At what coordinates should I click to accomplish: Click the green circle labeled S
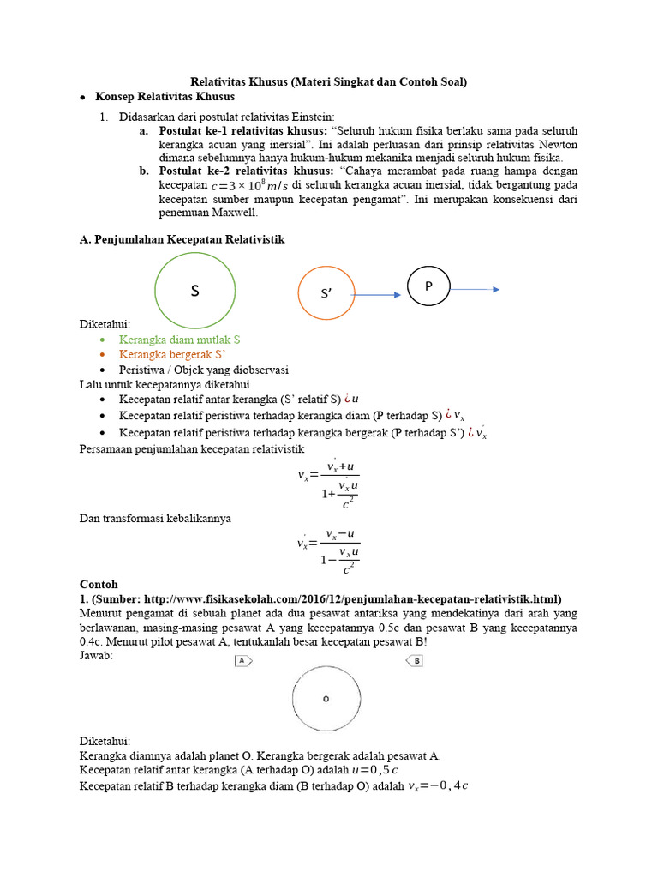[x=194, y=292]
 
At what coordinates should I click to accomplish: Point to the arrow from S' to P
[x=375, y=295]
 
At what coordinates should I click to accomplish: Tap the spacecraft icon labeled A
[x=243, y=661]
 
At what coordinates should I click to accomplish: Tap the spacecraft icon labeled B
[x=415, y=661]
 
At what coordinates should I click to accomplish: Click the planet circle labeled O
[x=326, y=699]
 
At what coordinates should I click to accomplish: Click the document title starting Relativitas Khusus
[x=328, y=82]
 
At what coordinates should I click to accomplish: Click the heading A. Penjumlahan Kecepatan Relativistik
[x=182, y=240]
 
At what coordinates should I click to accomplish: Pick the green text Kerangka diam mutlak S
[x=179, y=340]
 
